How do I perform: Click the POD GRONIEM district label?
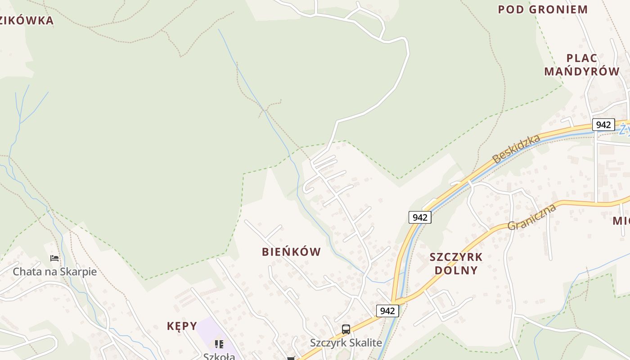click(543, 9)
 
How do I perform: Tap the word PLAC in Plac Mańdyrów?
click(582, 58)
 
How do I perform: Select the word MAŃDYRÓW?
click(582, 71)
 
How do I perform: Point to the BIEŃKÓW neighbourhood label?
click(292, 252)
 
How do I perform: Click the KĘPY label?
click(182, 326)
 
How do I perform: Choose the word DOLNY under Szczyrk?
click(456, 270)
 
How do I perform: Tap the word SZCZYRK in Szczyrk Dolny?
click(456, 257)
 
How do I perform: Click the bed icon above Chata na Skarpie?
click(54, 258)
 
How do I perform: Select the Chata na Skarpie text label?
click(54, 272)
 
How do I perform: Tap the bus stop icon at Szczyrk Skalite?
click(346, 329)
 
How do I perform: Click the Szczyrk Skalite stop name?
click(346, 343)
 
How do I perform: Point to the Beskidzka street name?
click(516, 149)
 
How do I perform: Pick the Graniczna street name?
click(532, 217)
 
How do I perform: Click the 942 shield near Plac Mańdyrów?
click(603, 125)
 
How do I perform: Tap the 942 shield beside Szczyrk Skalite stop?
click(387, 310)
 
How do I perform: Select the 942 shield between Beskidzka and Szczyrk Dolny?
click(420, 217)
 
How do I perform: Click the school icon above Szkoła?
click(219, 344)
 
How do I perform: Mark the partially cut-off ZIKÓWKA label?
click(27, 20)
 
